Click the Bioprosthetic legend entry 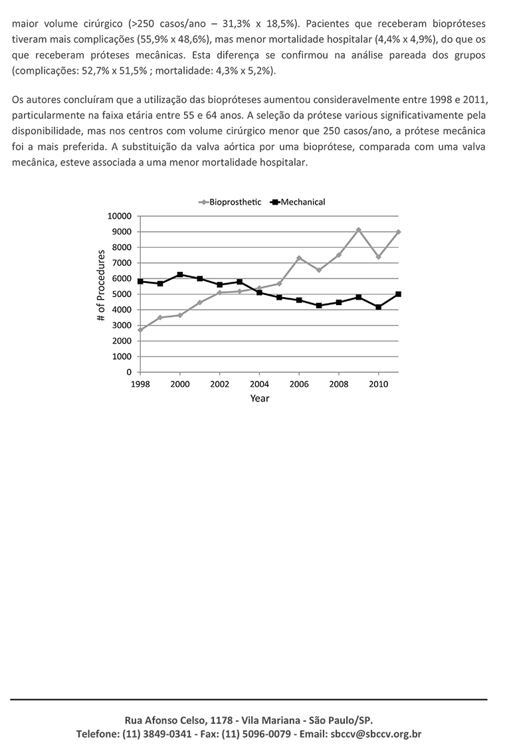point(230,202)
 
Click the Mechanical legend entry point(297,202)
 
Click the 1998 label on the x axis point(140,384)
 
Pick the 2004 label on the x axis point(259,384)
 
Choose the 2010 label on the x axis point(378,384)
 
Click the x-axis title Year point(260,398)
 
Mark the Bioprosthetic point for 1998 point(140,330)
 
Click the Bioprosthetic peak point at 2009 point(358,230)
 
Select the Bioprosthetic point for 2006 point(299,258)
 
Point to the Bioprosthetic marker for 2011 point(398,232)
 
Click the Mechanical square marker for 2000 point(180,274)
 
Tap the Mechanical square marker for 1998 point(140,281)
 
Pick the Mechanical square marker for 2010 point(378,307)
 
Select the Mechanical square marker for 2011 point(398,294)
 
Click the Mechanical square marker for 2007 point(319,305)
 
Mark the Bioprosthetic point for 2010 point(378,257)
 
